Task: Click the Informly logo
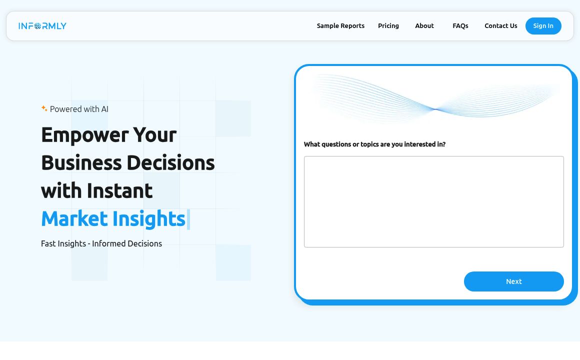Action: coord(42,26)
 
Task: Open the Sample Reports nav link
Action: coord(340,26)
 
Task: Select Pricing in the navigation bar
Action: coord(388,26)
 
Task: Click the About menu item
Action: coord(424,26)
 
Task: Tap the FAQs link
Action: coord(460,26)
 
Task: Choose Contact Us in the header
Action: coord(501,26)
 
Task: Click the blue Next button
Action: coord(514,281)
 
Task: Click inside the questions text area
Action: coord(434,201)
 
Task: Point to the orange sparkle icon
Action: coord(44,108)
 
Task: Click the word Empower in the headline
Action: coord(84,135)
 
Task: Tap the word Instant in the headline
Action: coord(119,191)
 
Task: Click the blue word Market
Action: coord(74,218)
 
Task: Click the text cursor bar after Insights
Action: coord(188,219)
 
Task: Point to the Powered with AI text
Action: coord(79,109)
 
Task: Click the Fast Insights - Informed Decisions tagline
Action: coord(101,243)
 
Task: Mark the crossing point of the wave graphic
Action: coord(435,109)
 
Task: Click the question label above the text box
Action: coord(374,144)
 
